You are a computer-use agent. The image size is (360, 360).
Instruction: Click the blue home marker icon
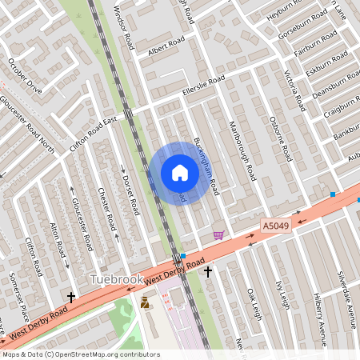(179, 173)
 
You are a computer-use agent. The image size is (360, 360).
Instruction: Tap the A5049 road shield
(274, 227)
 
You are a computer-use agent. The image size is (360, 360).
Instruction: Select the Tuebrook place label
(117, 280)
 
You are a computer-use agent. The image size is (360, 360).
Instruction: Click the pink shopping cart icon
(218, 235)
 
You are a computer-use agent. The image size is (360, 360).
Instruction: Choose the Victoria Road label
(294, 90)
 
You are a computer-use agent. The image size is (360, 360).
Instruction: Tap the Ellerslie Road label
(203, 84)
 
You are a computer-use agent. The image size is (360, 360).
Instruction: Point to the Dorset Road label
(129, 190)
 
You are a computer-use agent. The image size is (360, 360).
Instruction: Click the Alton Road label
(57, 238)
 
